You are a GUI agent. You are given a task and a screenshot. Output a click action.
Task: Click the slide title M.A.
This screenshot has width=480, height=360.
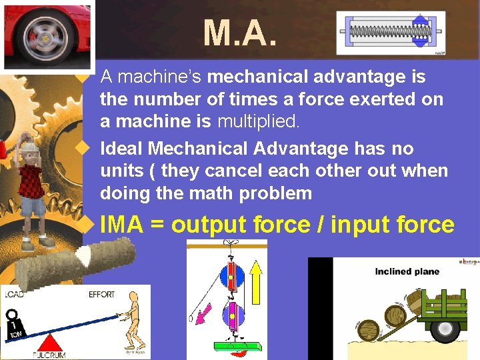pyautogui.click(x=239, y=33)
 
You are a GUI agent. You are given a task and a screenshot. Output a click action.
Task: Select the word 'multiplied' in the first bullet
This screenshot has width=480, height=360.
pyautogui.click(x=255, y=121)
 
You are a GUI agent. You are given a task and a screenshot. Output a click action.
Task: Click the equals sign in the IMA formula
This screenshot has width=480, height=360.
pyautogui.click(x=157, y=225)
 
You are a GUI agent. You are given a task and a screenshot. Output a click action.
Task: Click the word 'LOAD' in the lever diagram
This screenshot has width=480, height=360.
pyautogui.click(x=18, y=294)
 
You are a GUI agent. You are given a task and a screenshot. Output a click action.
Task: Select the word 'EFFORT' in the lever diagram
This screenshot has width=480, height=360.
pyautogui.click(x=101, y=294)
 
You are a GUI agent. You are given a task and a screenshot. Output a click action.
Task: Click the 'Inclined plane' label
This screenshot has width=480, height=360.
pyautogui.click(x=407, y=271)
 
